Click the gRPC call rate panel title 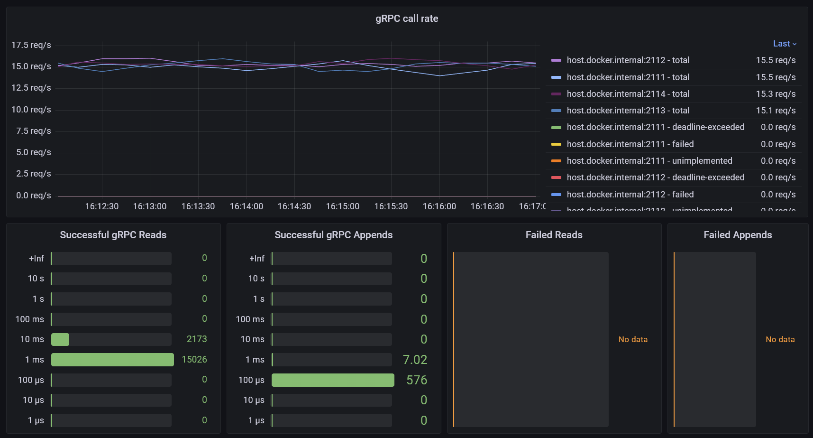(407, 19)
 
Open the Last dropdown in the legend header (785, 44)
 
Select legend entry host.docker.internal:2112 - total (628, 60)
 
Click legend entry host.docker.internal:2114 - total (628, 94)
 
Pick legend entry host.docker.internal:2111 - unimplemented (649, 161)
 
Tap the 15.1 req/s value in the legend (776, 111)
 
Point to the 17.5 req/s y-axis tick (31, 45)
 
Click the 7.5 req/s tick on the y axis (33, 131)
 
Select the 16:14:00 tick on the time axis (246, 206)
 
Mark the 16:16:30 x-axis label (487, 206)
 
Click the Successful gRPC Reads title (113, 235)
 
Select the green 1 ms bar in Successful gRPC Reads (112, 360)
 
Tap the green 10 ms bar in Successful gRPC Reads (60, 339)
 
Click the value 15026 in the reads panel (194, 360)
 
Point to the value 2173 (197, 339)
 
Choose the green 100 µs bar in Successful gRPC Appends (333, 380)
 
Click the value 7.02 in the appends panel (415, 360)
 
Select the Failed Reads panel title (554, 235)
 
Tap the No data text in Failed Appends (780, 339)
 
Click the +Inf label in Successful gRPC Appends (257, 259)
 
